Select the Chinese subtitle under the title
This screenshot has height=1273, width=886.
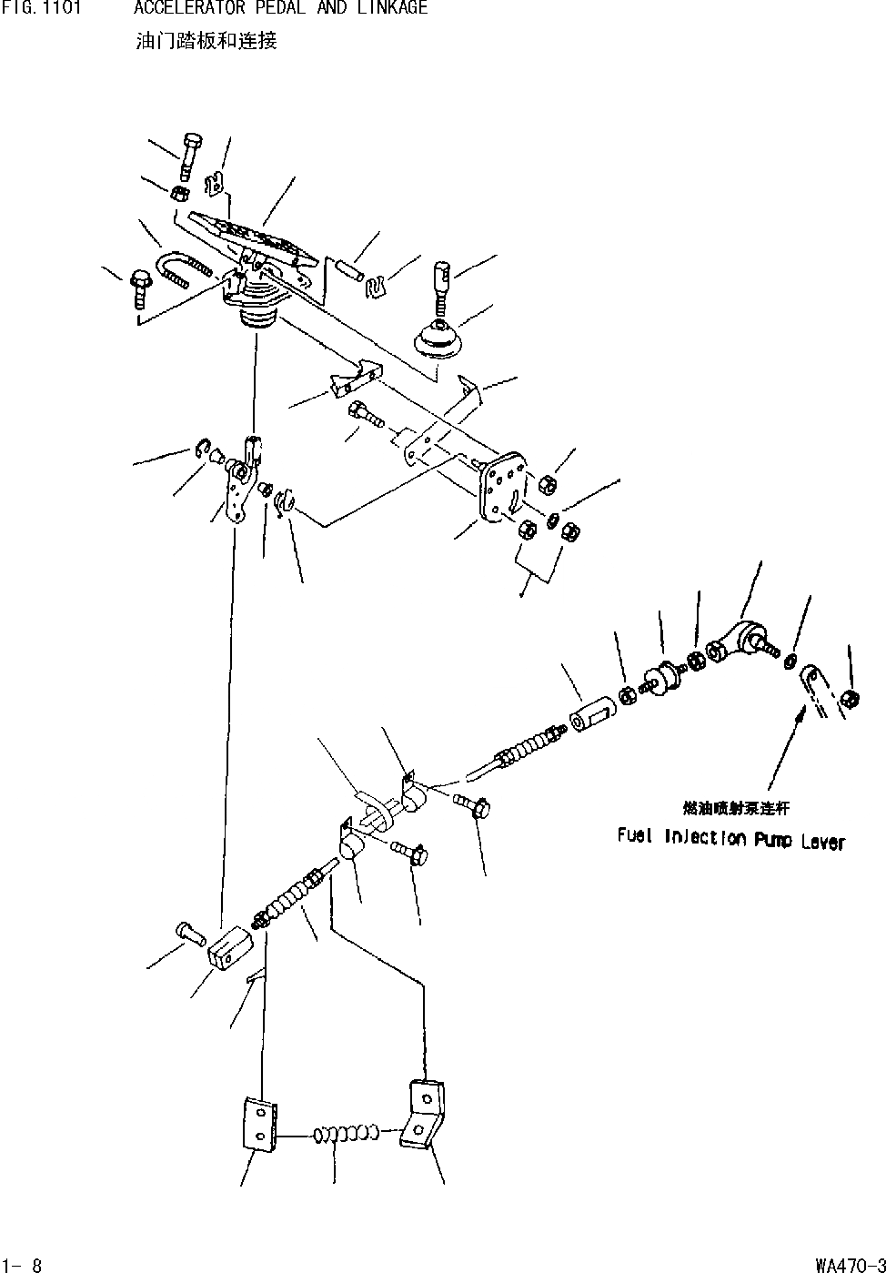[206, 41]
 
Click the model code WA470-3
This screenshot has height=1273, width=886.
[850, 1264]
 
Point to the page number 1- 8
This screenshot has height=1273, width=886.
[23, 1264]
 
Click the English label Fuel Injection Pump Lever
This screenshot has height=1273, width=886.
[730, 838]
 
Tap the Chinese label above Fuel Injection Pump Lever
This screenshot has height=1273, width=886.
[736, 807]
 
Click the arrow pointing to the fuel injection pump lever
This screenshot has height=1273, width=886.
[785, 752]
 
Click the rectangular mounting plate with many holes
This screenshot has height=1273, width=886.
[503, 487]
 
